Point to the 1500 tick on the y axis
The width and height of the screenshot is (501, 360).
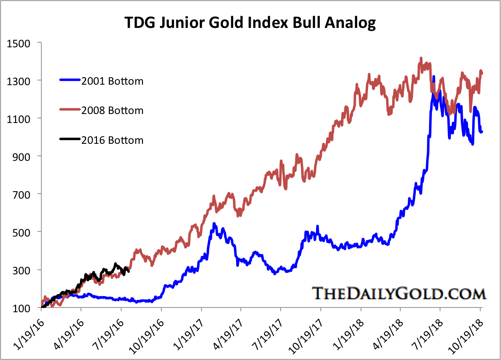click(19, 43)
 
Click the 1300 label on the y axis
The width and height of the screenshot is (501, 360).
click(19, 81)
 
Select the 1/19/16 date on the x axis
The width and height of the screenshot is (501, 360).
click(29, 334)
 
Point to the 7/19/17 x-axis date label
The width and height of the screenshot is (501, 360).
click(268, 334)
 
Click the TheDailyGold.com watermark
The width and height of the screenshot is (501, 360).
click(399, 293)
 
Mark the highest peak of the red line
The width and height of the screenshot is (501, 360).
click(421, 59)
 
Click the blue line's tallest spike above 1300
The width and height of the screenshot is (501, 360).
click(434, 77)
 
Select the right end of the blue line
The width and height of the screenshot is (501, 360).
click(482, 132)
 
